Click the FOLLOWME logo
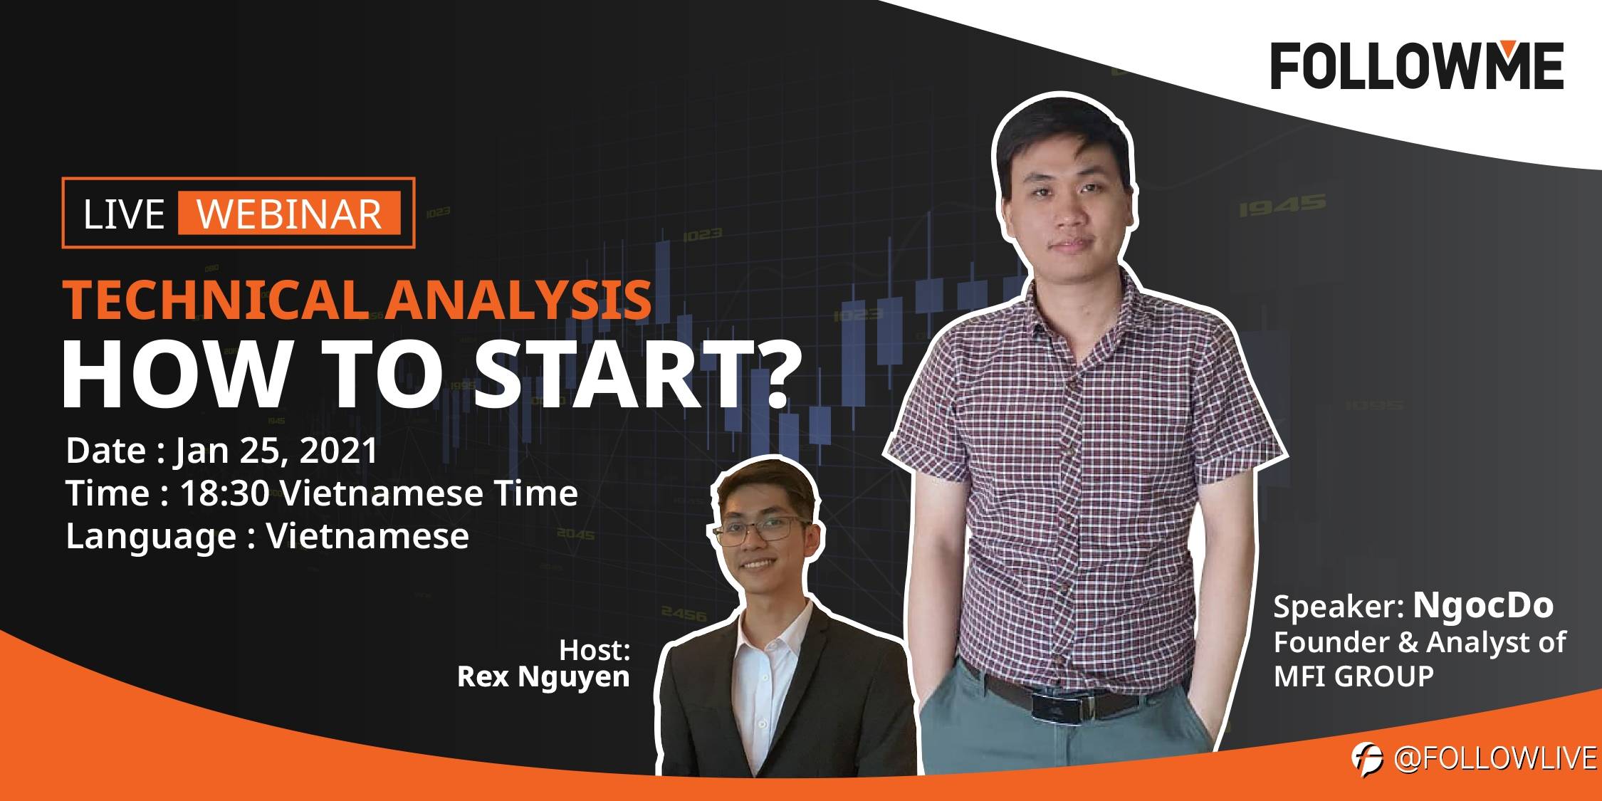(x=1417, y=66)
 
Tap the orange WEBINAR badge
(x=289, y=214)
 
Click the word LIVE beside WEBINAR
(x=124, y=214)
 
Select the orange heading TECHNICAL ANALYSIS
(x=357, y=300)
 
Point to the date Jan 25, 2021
(x=277, y=451)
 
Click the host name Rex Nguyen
(x=543, y=677)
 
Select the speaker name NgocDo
(x=1483, y=605)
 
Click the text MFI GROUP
(x=1354, y=676)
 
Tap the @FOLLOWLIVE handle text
(x=1495, y=759)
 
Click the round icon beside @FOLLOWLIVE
(x=1367, y=759)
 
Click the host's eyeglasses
(x=760, y=530)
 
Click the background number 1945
(x=1282, y=206)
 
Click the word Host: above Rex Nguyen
(x=595, y=650)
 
